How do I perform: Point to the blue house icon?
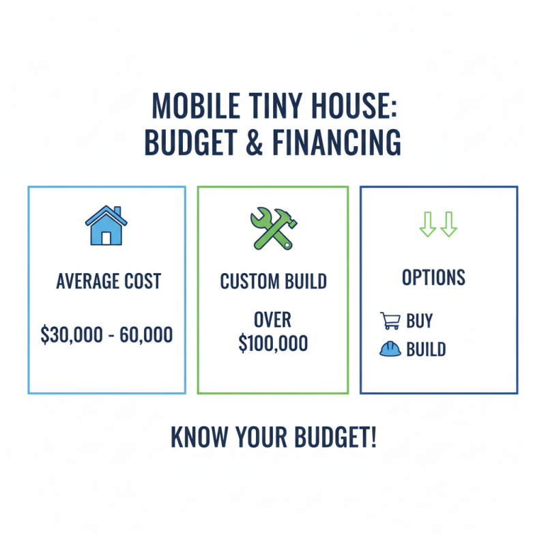click(106, 226)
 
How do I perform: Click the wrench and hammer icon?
click(273, 227)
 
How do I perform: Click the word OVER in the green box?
click(273, 319)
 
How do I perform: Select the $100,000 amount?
click(273, 343)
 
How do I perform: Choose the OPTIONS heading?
click(433, 278)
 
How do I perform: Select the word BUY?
click(419, 321)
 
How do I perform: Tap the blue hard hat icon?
click(389, 349)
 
